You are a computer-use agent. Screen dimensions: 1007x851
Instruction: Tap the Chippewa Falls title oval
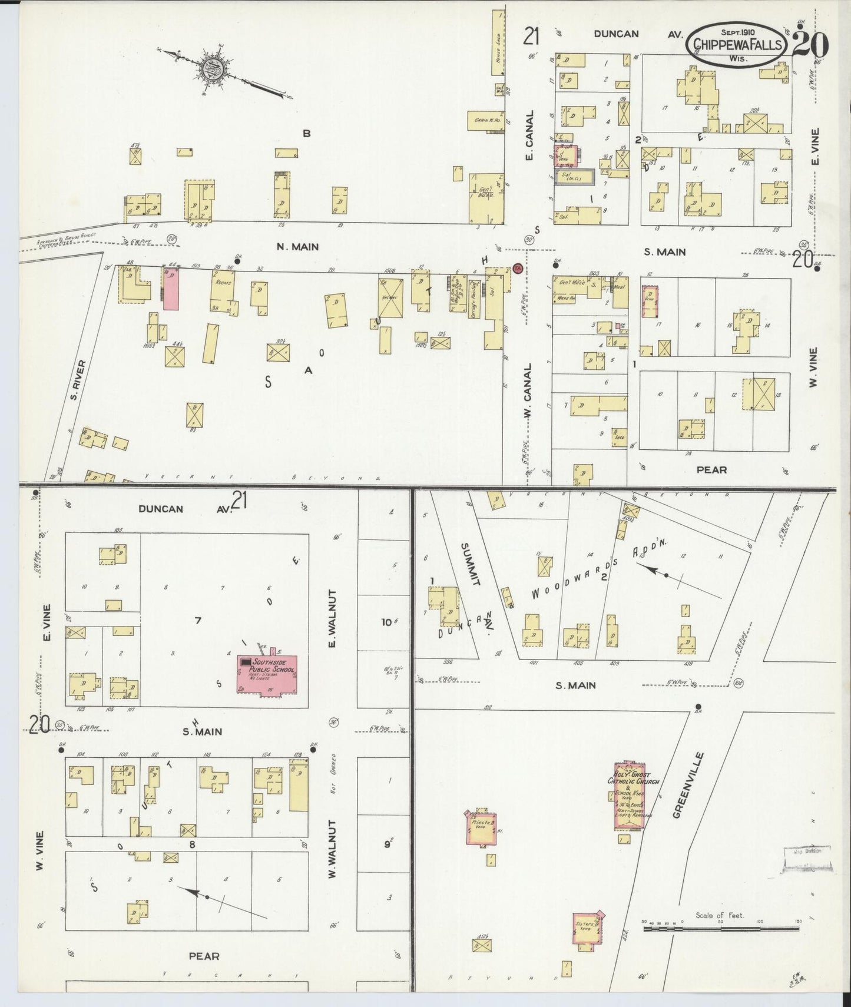(x=737, y=45)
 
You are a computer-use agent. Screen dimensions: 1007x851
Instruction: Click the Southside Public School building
(x=267, y=673)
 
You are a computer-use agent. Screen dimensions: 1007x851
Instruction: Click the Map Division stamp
(x=806, y=858)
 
